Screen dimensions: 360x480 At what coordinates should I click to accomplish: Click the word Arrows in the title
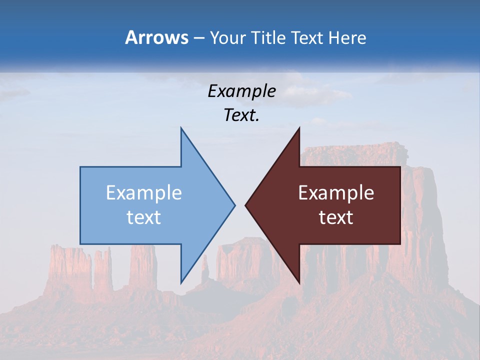tap(156, 37)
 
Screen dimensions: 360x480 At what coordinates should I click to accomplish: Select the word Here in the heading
tap(347, 37)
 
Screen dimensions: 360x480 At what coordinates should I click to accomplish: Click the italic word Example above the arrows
tap(242, 91)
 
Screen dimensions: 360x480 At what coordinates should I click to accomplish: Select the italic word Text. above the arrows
tap(242, 115)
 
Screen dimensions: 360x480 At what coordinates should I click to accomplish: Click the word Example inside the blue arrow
tap(144, 193)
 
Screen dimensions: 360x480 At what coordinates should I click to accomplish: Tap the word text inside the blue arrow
tap(144, 217)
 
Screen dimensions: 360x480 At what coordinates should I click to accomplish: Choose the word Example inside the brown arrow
tap(336, 193)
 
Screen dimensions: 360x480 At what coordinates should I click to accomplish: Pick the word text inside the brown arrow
tap(336, 217)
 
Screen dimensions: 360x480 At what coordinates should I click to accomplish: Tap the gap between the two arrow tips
tap(240, 204)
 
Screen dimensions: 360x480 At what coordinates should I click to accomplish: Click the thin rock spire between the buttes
tap(204, 270)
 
